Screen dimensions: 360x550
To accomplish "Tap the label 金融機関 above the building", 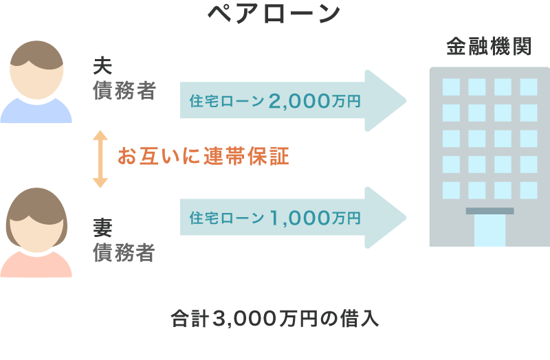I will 488,47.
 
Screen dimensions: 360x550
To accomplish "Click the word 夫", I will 102,67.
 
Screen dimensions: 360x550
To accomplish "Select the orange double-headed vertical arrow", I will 100,159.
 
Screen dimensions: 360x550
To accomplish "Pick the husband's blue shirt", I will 36,112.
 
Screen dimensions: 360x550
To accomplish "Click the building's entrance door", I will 489,230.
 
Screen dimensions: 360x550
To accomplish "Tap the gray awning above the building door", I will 489,211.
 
